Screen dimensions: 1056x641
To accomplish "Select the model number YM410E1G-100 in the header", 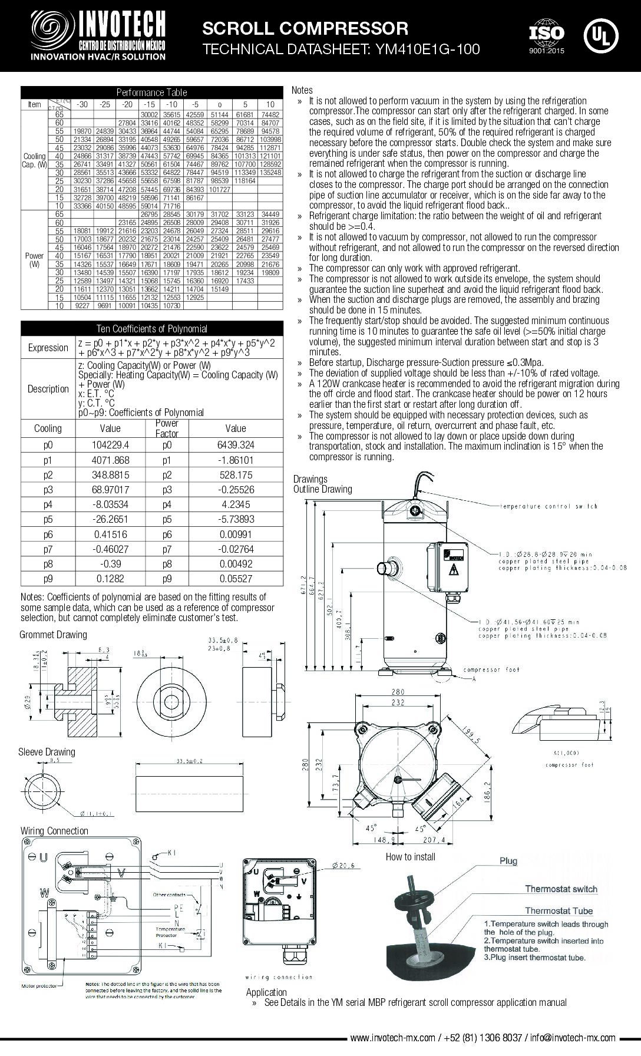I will point(424,49).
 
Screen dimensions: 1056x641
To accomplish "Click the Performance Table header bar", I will point(151,92).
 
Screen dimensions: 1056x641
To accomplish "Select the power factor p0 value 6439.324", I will point(236,445).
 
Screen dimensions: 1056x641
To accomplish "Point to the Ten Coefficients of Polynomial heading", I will point(151,328).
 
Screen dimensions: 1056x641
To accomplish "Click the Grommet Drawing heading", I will point(53,635).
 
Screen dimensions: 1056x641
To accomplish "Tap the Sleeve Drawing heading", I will point(47,752).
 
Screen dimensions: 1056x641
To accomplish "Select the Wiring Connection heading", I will point(54,831).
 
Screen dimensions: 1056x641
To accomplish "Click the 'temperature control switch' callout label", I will point(549,506).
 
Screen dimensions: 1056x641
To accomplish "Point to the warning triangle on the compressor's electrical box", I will point(454,570).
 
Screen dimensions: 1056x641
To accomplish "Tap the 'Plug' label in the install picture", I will point(508,861).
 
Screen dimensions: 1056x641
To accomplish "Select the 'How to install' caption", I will point(411,857).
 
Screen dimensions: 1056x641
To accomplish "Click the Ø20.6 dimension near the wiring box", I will point(344,866).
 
